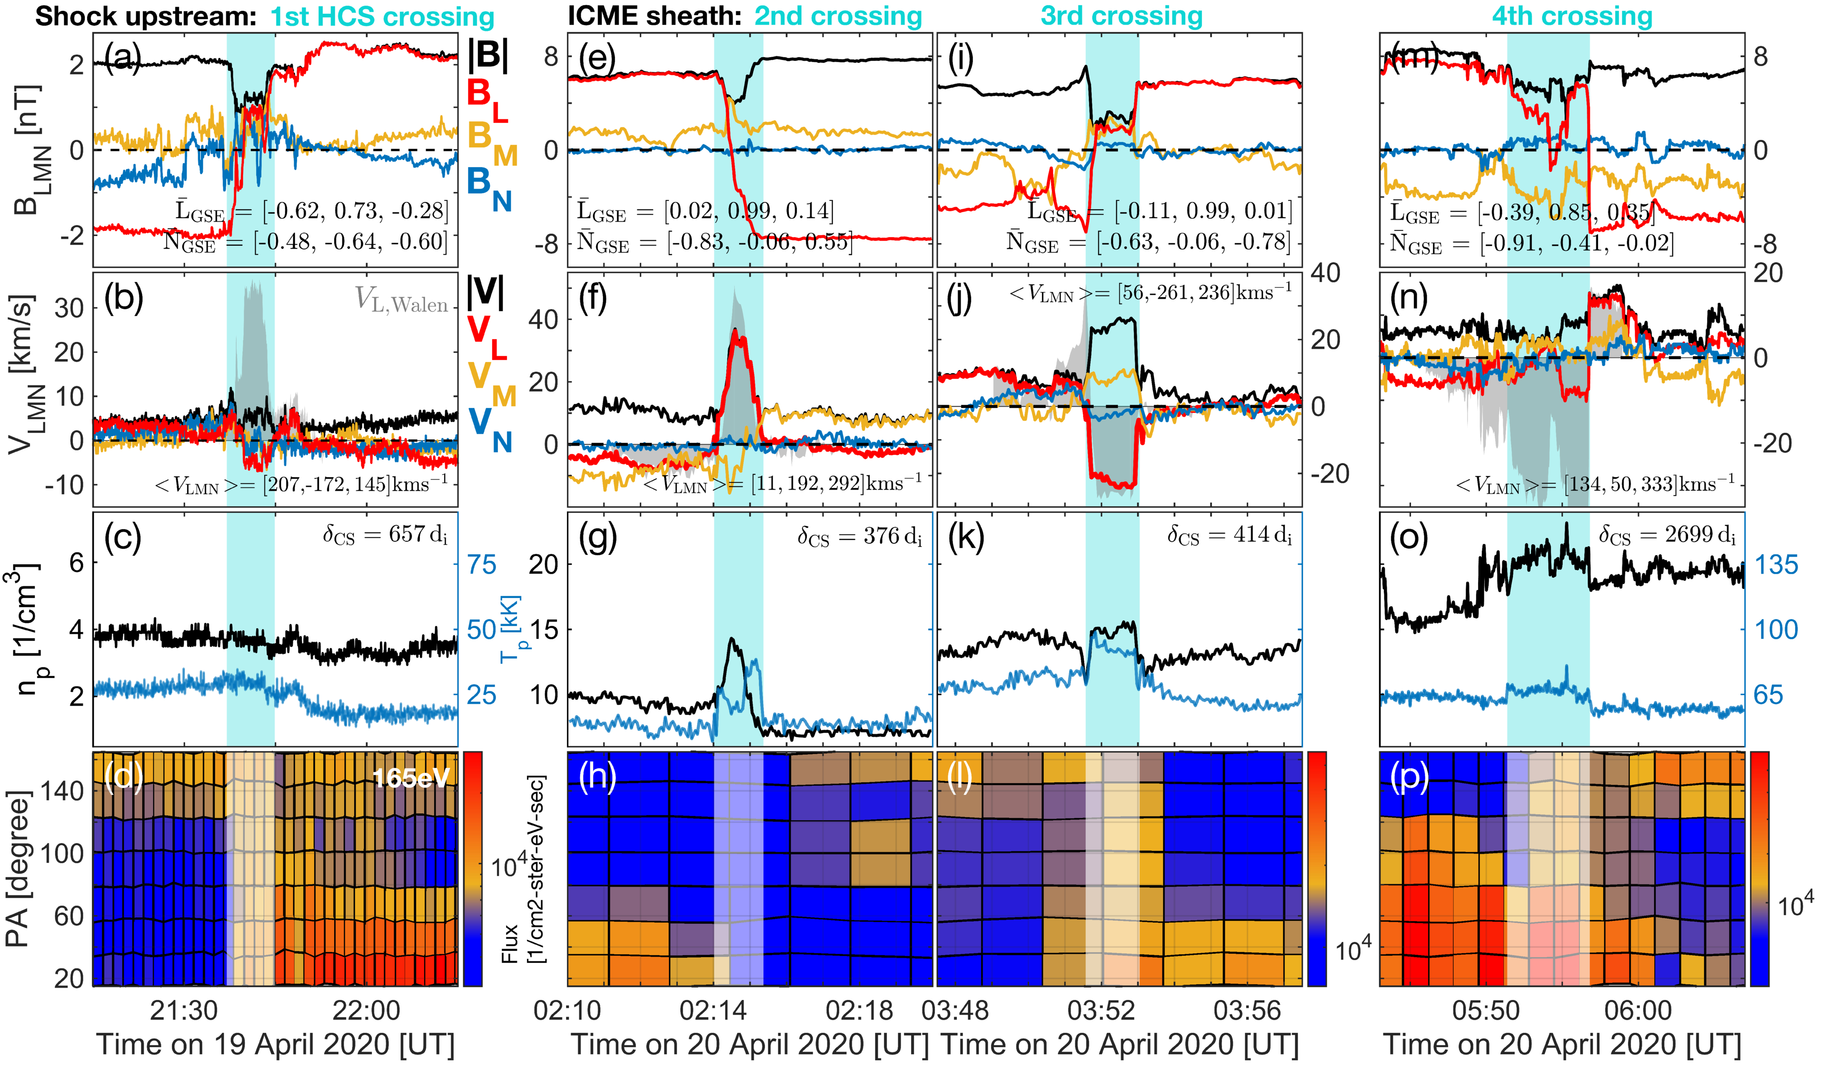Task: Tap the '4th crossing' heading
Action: click(1572, 16)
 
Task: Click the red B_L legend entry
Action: click(485, 100)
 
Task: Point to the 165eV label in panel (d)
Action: click(410, 778)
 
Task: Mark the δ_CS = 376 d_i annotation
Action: click(860, 536)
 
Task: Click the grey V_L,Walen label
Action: click(401, 299)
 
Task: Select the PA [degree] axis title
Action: click(18, 868)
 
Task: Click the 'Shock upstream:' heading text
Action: click(145, 16)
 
